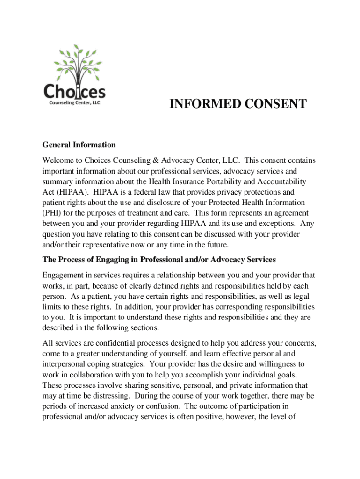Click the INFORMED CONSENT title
[x=238, y=104]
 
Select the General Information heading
[x=79, y=145]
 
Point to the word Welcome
[x=58, y=160]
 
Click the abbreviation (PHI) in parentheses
[x=52, y=213]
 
